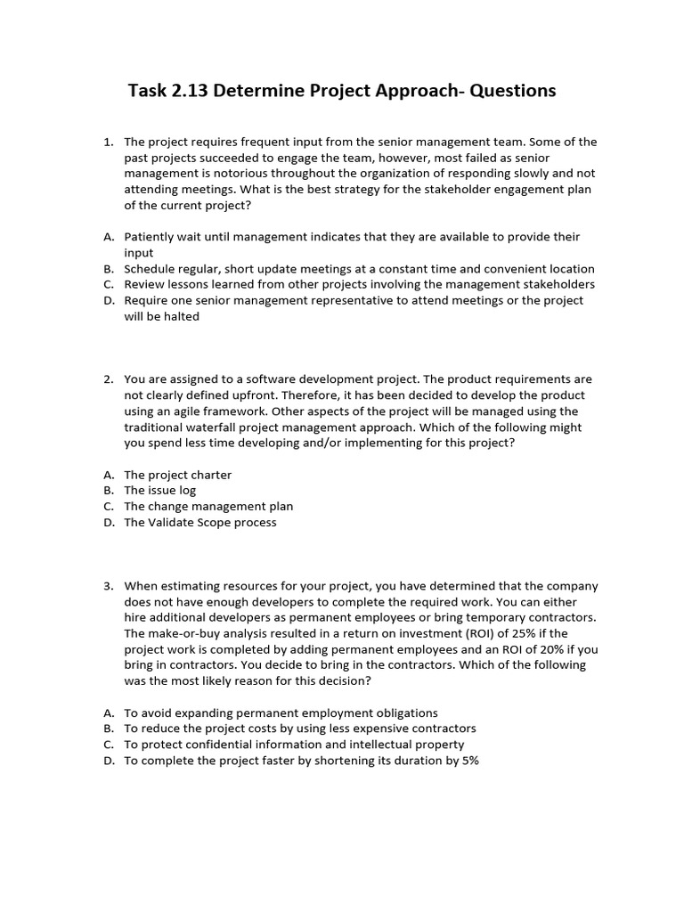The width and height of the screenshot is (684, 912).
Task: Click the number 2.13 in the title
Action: [x=189, y=91]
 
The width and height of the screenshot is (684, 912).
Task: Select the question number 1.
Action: [x=108, y=142]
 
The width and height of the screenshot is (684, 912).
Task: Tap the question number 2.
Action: [x=108, y=379]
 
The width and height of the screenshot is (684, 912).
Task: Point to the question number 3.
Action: [x=108, y=586]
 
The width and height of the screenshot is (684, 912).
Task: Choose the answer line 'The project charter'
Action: [x=177, y=475]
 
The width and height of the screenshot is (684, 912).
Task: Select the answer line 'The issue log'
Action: [x=159, y=491]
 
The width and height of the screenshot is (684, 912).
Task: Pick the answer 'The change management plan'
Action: [x=208, y=507]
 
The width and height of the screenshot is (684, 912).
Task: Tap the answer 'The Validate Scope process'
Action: [x=200, y=523]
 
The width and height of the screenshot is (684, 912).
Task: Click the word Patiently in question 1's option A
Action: [x=151, y=237]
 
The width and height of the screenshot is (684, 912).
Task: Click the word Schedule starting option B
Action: [x=151, y=269]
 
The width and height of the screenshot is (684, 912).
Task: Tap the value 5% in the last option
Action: [x=469, y=761]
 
